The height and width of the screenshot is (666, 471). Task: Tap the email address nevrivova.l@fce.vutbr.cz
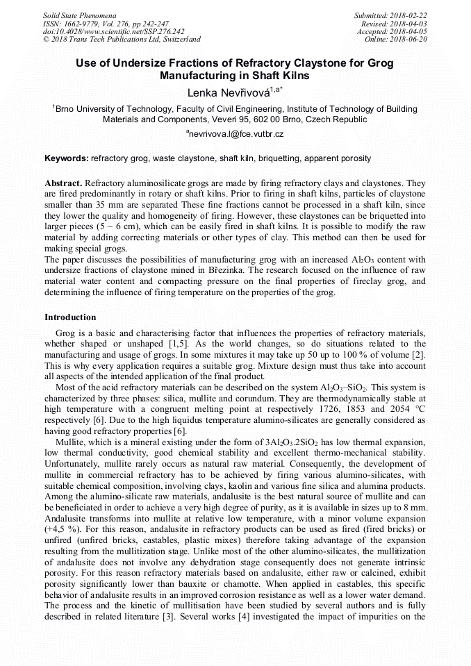click(x=236, y=133)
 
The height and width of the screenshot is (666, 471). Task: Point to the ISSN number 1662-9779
click(x=81, y=23)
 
